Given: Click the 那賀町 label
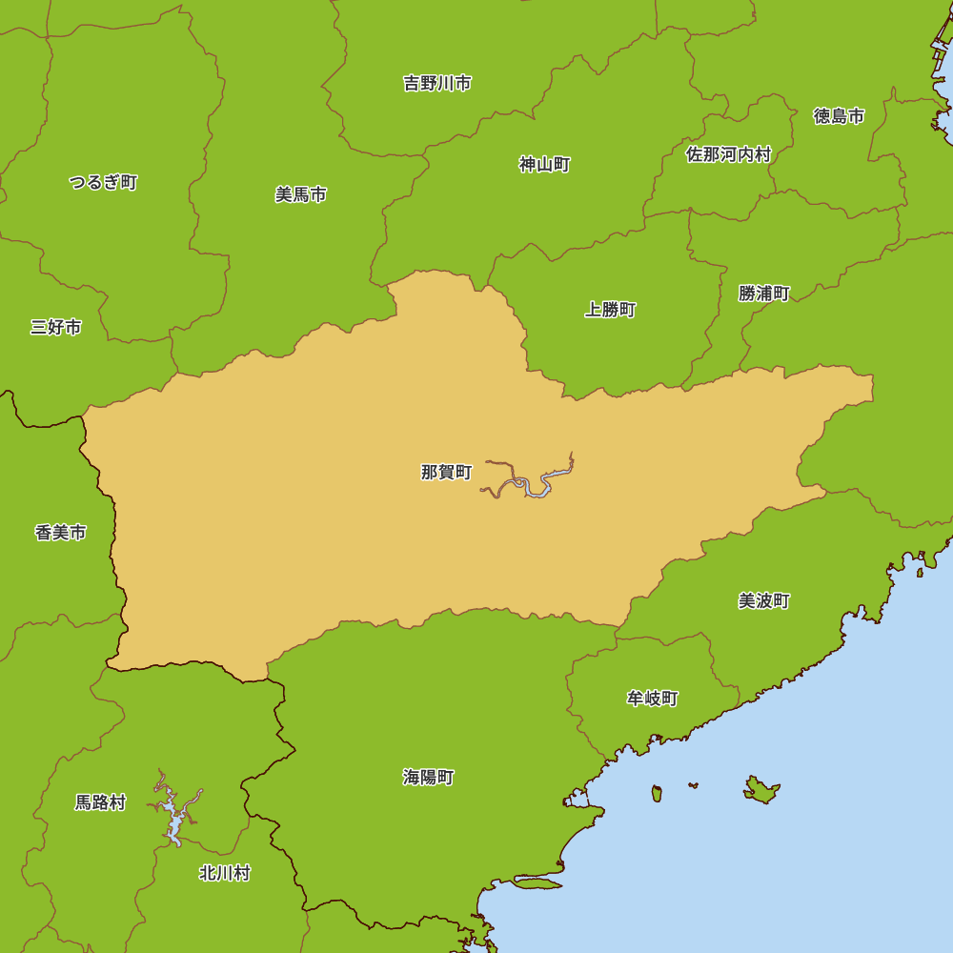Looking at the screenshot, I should (446, 472).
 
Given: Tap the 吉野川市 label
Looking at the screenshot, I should (437, 84).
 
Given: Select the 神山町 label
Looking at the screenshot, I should (544, 165).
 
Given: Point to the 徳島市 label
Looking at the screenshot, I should (839, 116).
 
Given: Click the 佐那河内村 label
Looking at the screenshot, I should (728, 154).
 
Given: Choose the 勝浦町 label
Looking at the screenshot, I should (763, 294).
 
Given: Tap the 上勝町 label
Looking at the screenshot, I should (610, 310).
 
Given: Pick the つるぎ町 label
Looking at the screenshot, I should (103, 182).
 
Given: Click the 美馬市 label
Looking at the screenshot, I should (300, 194).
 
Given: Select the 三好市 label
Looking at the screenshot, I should (55, 328).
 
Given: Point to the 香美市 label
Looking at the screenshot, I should (60, 533).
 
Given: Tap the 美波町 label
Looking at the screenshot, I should (763, 601).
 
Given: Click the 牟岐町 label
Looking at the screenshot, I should (652, 699).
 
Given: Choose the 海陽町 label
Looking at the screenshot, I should (428, 778).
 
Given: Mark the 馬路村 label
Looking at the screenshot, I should (100, 802).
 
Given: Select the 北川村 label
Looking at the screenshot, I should (224, 873).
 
